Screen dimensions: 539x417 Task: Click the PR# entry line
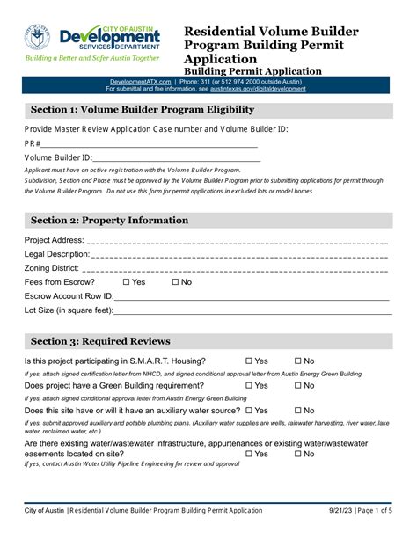pyautogui.click(x=150, y=143)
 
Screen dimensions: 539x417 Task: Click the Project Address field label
pyautogui.click(x=54, y=240)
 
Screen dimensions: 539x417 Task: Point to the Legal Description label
pyautogui.click(x=57, y=254)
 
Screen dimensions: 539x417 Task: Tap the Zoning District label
pyautogui.click(x=52, y=268)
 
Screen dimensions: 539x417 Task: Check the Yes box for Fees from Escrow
pyautogui.click(x=127, y=282)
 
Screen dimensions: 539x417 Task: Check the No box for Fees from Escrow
pyautogui.click(x=175, y=282)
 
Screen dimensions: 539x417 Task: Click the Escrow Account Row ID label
pyautogui.click(x=69, y=296)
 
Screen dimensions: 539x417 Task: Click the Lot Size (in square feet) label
pyautogui.click(x=69, y=310)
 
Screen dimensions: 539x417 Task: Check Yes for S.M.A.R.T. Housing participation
pyautogui.click(x=249, y=361)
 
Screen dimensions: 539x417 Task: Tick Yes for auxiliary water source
pyautogui.click(x=249, y=411)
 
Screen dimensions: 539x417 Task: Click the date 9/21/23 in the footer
pyautogui.click(x=347, y=511)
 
